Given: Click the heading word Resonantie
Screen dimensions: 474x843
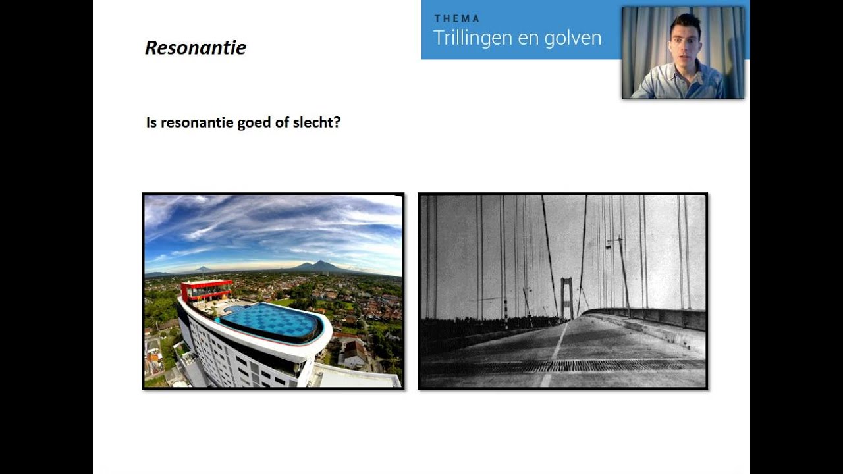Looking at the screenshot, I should point(196,48).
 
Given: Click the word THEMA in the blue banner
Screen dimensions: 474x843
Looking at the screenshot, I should point(456,18).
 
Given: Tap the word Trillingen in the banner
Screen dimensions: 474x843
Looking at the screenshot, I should point(472,38).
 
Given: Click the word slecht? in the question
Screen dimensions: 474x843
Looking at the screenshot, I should point(318,122).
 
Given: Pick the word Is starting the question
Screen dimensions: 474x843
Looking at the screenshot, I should point(151,122).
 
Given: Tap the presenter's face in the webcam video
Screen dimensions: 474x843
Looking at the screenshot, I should point(686,43).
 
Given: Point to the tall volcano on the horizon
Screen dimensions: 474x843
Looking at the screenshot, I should point(319,265).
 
